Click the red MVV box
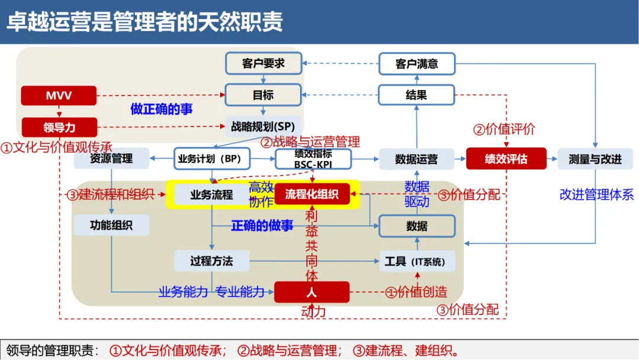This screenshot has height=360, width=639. coord(59,95)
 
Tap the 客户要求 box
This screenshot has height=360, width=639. coord(263,63)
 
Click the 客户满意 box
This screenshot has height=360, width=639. coord(417,63)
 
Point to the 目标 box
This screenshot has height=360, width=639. coord(263,95)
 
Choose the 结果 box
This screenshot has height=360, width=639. coord(417,95)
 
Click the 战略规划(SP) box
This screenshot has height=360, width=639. coord(263,126)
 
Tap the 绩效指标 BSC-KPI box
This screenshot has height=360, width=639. coord(313,159)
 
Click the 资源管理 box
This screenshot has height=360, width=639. coord(111,159)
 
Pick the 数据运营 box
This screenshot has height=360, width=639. coord(417,159)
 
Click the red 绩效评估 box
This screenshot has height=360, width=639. coord(505,159)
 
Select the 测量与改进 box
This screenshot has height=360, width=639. coord(595,159)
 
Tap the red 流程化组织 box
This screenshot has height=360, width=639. coord(312,194)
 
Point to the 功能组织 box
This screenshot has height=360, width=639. coord(111,226)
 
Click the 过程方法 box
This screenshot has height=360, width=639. coord(212,261)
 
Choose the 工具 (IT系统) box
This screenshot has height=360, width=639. coord(417,261)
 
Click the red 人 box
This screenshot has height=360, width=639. coord(312,292)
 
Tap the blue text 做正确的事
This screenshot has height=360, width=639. coord(161,110)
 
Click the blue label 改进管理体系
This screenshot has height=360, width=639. coord(596,195)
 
